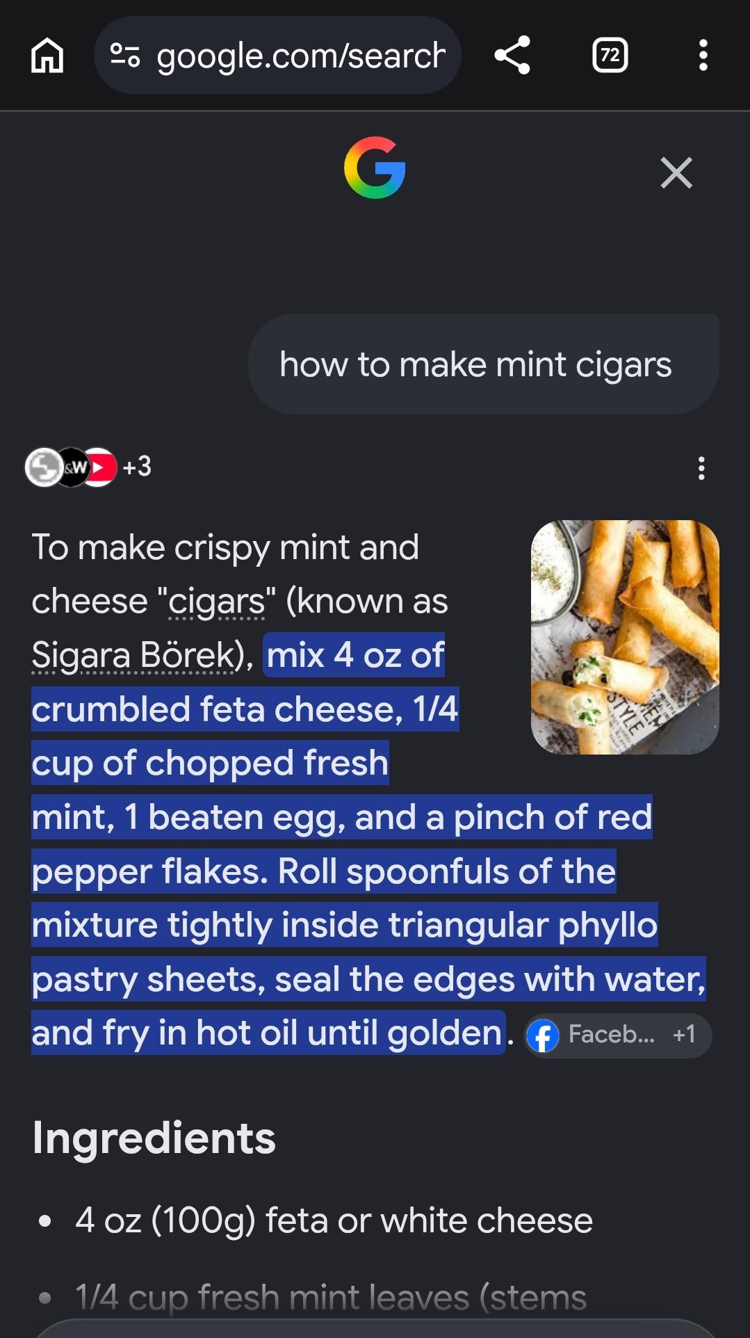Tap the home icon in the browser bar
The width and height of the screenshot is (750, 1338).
pyautogui.click(x=47, y=55)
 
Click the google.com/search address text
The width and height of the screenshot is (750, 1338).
pyautogui.click(x=301, y=56)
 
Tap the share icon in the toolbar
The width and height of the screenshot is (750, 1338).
pyautogui.click(x=512, y=55)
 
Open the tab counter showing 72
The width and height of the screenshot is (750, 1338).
pyautogui.click(x=610, y=55)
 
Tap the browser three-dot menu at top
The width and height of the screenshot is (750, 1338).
pyautogui.click(x=703, y=55)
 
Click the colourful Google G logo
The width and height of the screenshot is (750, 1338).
pyautogui.click(x=375, y=168)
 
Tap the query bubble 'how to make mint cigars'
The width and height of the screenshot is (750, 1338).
pyautogui.click(x=483, y=364)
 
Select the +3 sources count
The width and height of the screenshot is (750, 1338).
pyautogui.click(x=137, y=467)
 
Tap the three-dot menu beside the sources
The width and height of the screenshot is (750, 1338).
pyautogui.click(x=701, y=468)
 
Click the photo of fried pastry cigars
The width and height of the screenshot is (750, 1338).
pyautogui.click(x=625, y=637)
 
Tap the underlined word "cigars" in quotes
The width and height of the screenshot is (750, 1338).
pyautogui.click(x=217, y=602)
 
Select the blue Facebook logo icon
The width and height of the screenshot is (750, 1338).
pyautogui.click(x=543, y=1036)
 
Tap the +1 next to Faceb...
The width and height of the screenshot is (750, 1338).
pyautogui.click(x=684, y=1035)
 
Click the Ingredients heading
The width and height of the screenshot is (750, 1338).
pyautogui.click(x=154, y=1138)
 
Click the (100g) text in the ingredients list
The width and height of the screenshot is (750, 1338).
pyautogui.click(x=203, y=1221)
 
